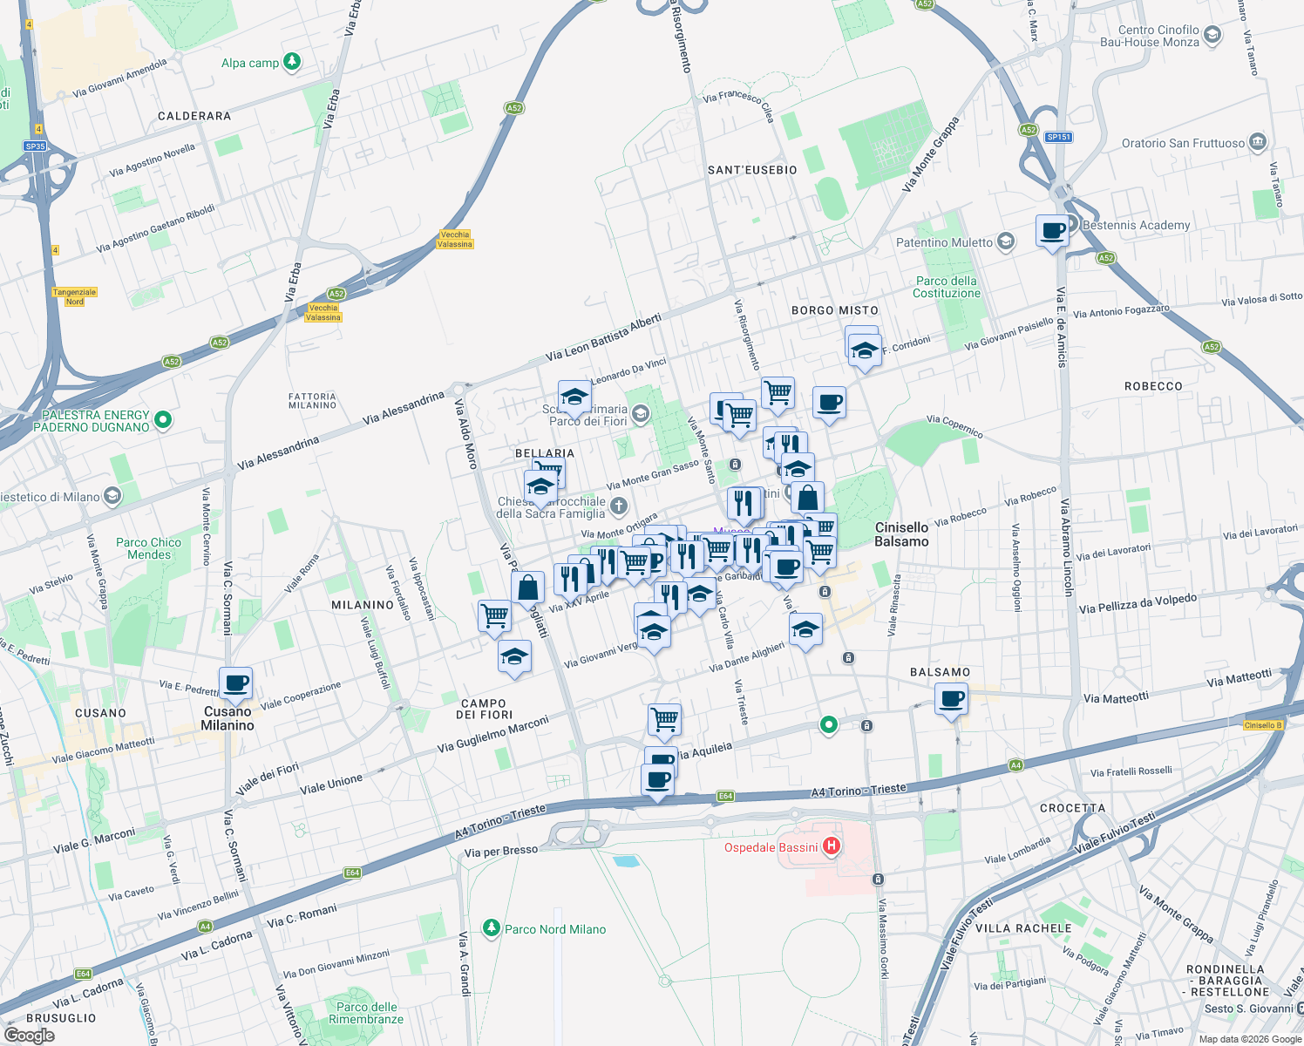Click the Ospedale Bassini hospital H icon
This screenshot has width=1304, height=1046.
tap(832, 846)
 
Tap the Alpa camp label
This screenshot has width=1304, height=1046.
tap(250, 63)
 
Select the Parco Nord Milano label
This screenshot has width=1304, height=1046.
tap(555, 929)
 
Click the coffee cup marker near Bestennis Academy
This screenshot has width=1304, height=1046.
tap(1052, 232)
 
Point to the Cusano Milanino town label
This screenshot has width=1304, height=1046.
tap(228, 718)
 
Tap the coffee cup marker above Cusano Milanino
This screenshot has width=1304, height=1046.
tap(234, 683)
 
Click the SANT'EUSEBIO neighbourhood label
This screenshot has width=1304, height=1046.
tap(752, 170)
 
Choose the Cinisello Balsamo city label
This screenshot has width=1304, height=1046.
tap(901, 534)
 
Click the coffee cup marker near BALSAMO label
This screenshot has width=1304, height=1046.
tap(951, 699)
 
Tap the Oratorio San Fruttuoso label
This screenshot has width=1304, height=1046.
tap(1183, 143)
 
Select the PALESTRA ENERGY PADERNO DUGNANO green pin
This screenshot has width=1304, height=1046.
tap(163, 421)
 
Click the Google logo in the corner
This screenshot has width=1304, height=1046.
tap(29, 1036)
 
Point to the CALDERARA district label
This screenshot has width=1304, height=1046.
tap(194, 116)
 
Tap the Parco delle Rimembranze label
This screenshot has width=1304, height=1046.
tap(366, 1013)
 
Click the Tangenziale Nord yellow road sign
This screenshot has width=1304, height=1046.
tap(75, 297)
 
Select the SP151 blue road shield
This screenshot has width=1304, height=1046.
tap(1058, 137)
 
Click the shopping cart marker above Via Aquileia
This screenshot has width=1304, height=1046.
tap(664, 720)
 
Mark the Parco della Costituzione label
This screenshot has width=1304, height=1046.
tap(947, 287)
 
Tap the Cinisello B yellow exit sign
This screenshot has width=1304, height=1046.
tap(1263, 725)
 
